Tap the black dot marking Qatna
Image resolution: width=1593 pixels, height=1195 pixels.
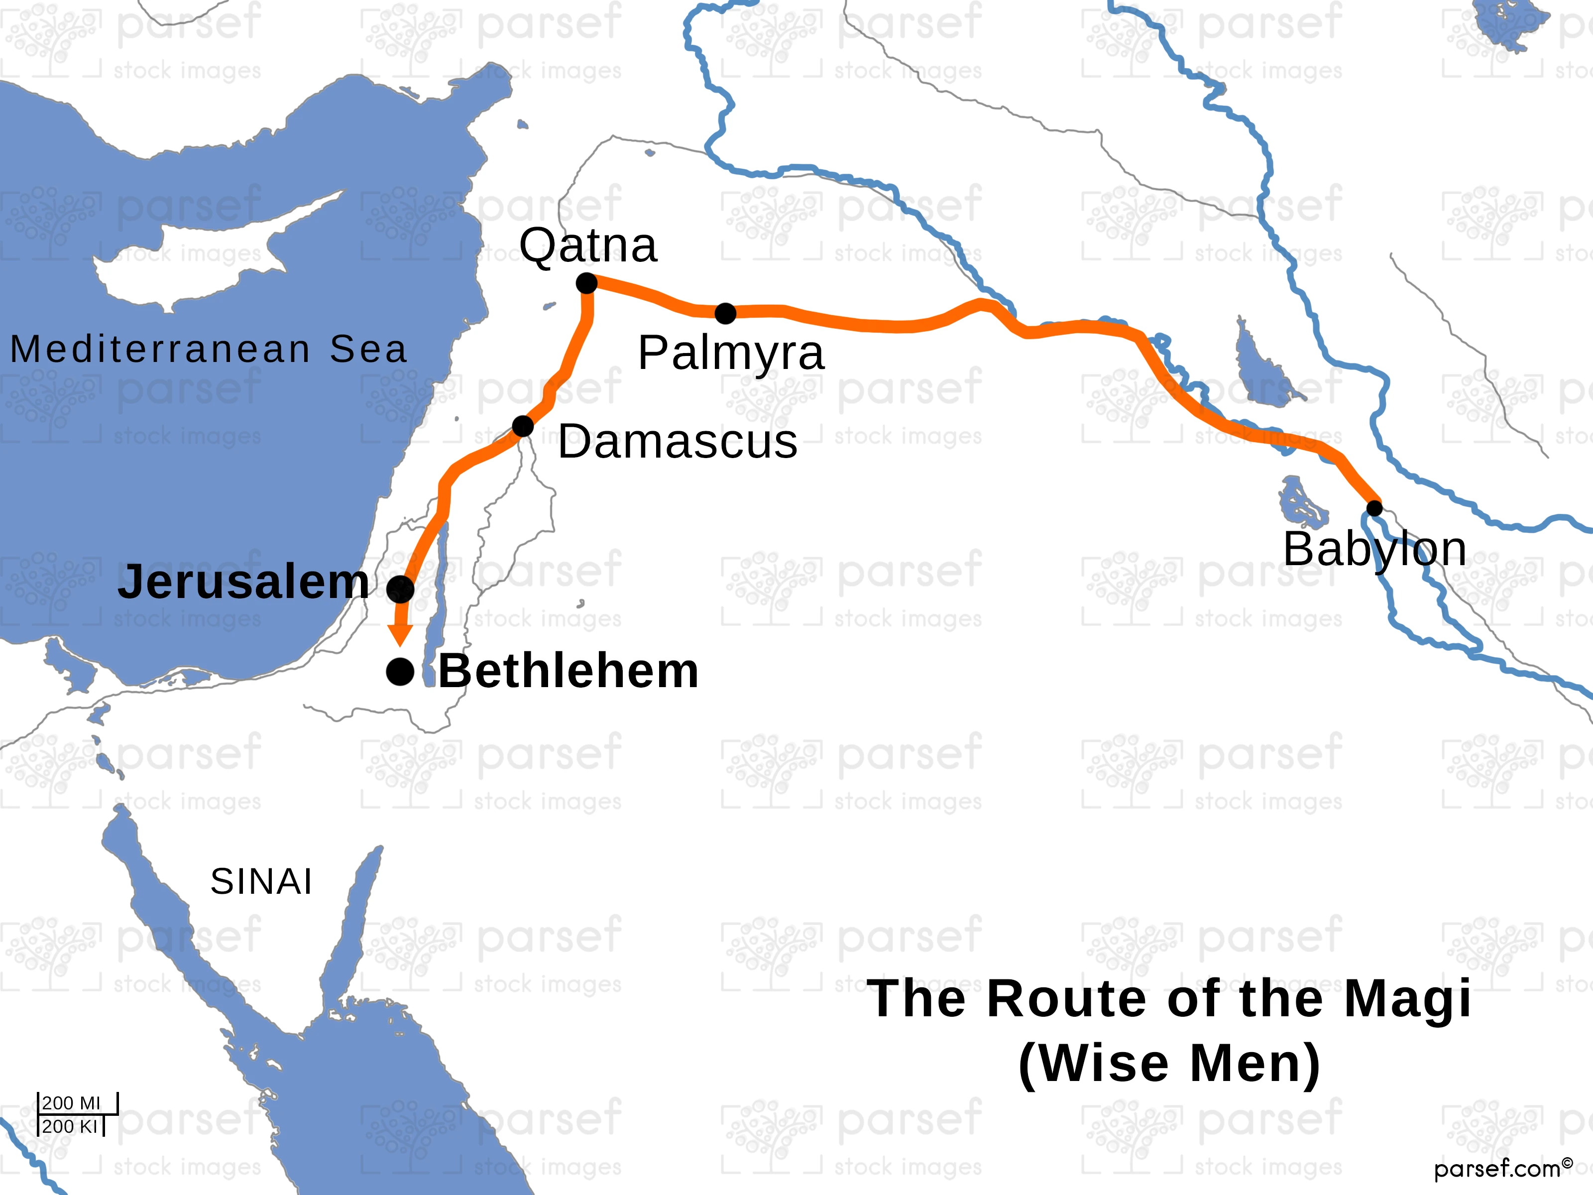point(587,283)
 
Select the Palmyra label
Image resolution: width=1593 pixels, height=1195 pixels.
point(730,353)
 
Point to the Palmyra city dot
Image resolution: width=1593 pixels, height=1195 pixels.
point(725,313)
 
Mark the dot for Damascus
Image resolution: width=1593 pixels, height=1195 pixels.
point(523,426)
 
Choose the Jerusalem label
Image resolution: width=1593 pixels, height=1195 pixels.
point(243,582)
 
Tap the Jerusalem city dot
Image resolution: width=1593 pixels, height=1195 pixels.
point(400,589)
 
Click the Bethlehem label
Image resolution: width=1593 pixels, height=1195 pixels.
point(568,671)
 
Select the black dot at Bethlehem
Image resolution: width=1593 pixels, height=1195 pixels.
point(400,672)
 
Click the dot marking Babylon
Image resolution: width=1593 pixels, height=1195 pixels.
point(1374,508)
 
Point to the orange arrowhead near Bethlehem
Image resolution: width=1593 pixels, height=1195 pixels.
point(400,635)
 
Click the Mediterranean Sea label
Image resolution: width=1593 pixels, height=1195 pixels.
point(209,350)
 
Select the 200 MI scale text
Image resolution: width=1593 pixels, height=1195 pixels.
point(71,1103)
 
